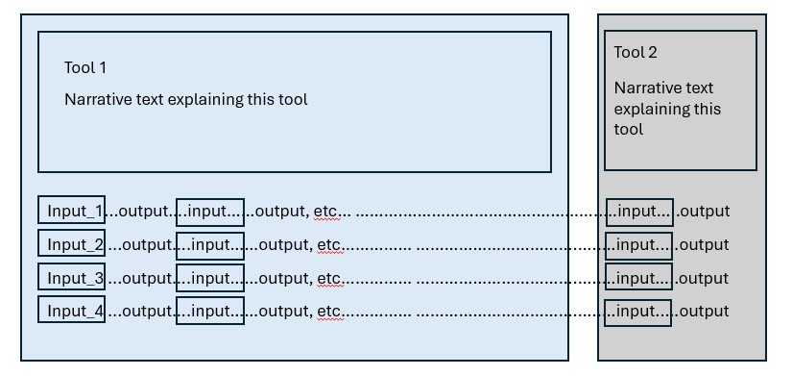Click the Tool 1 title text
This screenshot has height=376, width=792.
[x=85, y=67]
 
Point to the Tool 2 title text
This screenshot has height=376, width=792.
[x=636, y=53]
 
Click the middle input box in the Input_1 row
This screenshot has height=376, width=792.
[x=210, y=211]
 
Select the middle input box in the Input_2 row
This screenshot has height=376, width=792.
[x=210, y=244]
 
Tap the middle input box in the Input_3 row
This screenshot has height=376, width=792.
[x=210, y=278]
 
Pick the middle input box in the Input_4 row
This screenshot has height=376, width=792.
[x=210, y=311]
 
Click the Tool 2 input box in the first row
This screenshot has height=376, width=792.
[x=639, y=212]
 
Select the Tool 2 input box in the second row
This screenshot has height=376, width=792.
[x=639, y=245]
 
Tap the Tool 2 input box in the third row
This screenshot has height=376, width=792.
[x=639, y=279]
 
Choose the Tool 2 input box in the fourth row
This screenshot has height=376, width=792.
[x=639, y=312]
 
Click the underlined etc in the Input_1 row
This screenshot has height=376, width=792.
[x=328, y=212]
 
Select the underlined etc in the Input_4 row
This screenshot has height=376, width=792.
[x=328, y=312]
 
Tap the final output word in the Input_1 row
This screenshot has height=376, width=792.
[x=706, y=212]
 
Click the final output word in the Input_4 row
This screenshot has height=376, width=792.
[x=706, y=312]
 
